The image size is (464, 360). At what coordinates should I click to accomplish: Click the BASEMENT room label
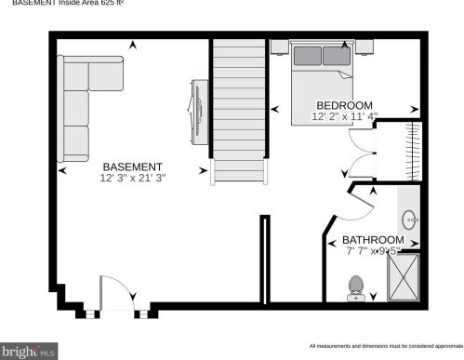click(132, 167)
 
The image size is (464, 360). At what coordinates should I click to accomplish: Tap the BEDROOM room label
click(344, 105)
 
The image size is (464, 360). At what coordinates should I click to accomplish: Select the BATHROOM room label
click(373, 240)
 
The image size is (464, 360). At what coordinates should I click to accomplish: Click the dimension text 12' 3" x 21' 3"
click(133, 178)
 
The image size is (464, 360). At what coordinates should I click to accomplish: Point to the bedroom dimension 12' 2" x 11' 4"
click(344, 116)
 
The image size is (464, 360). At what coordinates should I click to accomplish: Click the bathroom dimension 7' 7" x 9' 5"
click(374, 250)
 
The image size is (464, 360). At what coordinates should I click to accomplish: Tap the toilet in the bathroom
click(356, 288)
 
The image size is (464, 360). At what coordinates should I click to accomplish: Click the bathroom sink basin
click(409, 220)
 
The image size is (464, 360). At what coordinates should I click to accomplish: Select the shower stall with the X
click(404, 277)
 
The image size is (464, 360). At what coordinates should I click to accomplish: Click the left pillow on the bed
click(308, 56)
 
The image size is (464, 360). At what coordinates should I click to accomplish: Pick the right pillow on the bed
click(337, 56)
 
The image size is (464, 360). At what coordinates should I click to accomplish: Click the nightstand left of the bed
click(280, 47)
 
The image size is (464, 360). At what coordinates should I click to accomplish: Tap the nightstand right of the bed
click(365, 47)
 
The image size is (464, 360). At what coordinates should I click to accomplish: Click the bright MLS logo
click(29, 352)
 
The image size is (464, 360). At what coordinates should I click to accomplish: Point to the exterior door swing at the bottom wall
click(123, 282)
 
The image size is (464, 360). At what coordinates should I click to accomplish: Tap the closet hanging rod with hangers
click(413, 151)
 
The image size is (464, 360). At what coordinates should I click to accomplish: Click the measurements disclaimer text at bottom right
click(387, 346)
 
